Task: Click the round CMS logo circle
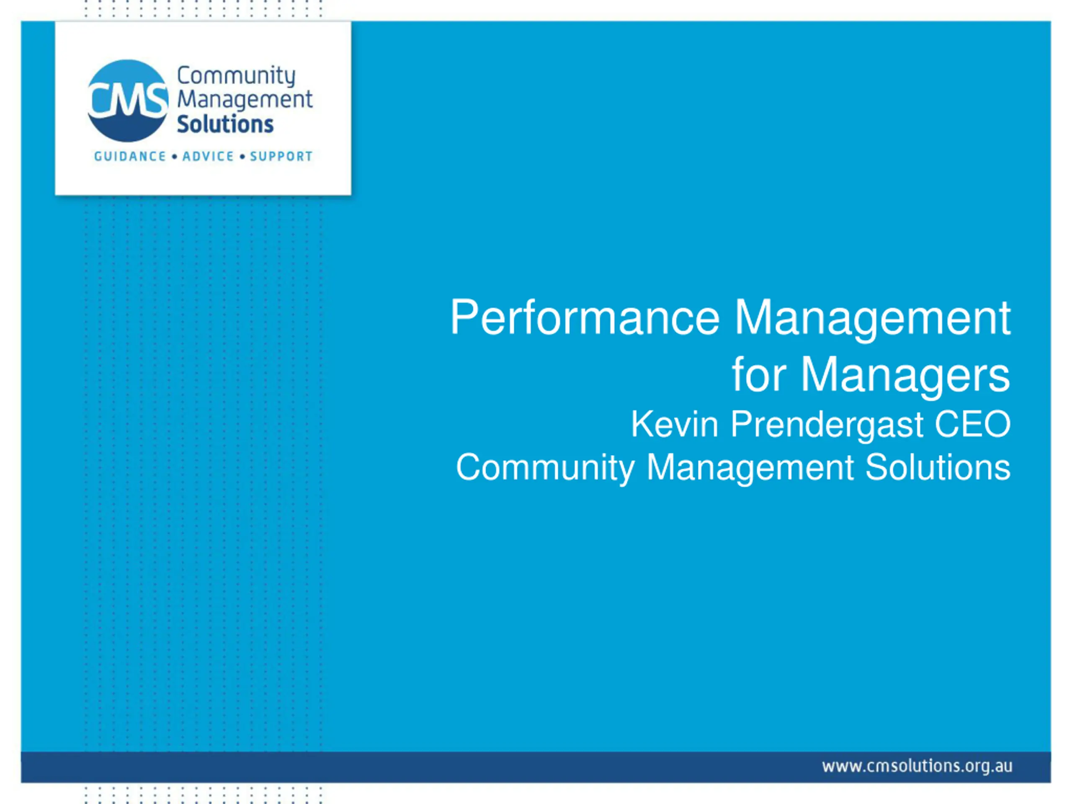[129, 101]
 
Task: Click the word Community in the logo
[236, 77]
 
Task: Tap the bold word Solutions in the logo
[225, 124]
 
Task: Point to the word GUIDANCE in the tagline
[130, 157]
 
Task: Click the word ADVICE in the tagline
[208, 157]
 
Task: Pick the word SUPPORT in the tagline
[281, 157]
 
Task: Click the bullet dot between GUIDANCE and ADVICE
[175, 157]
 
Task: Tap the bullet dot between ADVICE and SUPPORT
[242, 157]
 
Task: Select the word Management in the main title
[873, 320]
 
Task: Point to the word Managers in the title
[906, 376]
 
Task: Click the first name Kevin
[675, 425]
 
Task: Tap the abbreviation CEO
[973, 425]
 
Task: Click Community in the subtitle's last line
[545, 469]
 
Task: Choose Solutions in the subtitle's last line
[938, 468]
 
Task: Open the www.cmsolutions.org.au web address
[917, 766]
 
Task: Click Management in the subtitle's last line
[750, 469]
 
